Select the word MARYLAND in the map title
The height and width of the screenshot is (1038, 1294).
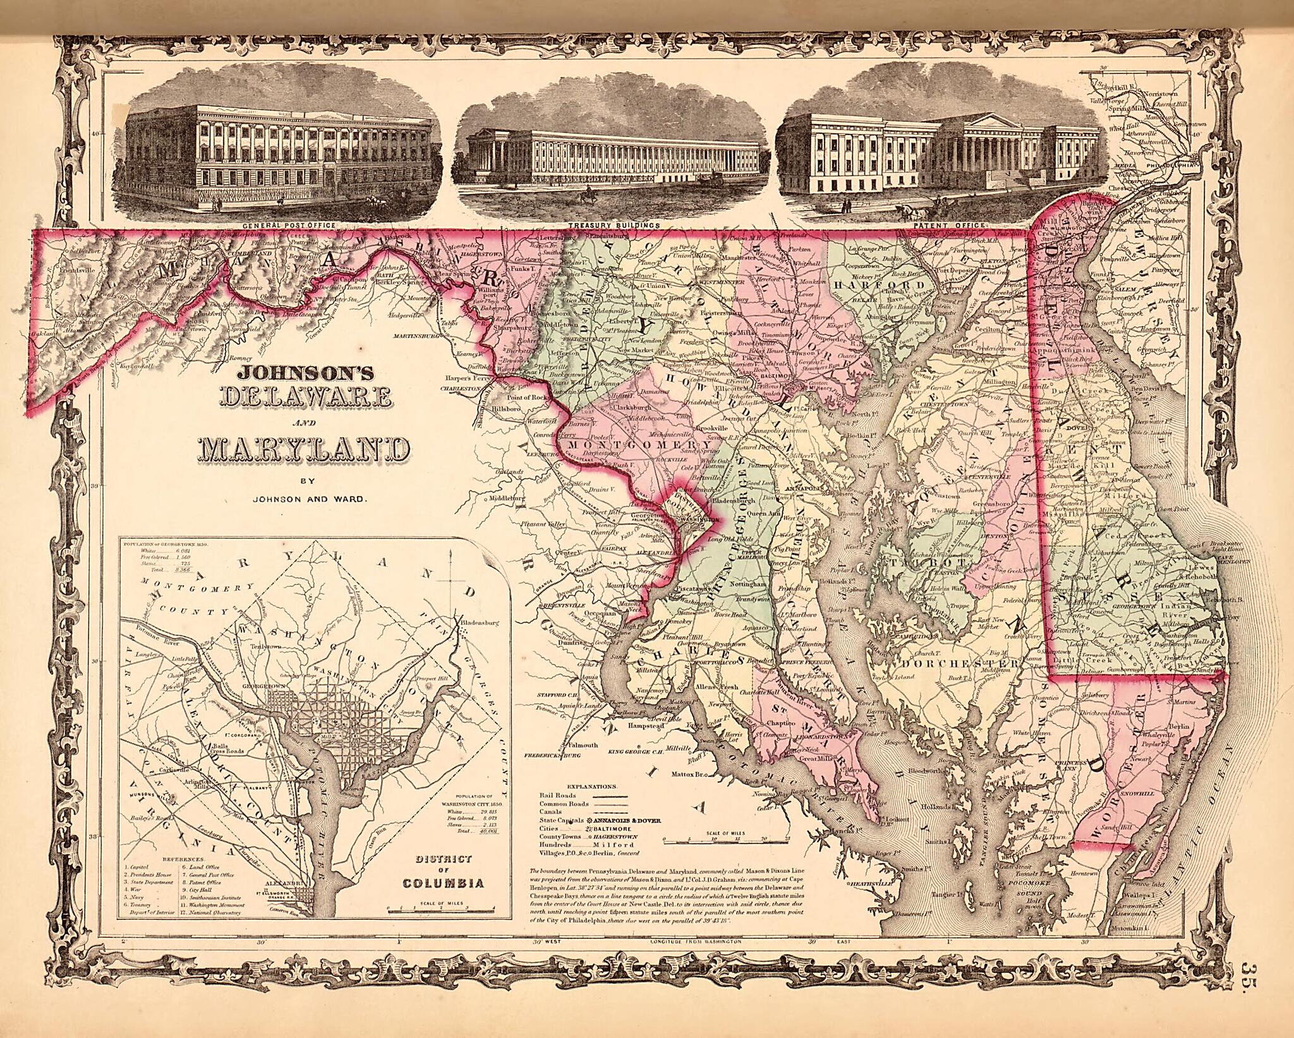click(x=303, y=447)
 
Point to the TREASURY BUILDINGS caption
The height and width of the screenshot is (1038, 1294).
click(x=614, y=224)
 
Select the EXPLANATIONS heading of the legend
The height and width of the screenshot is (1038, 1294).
click(x=591, y=787)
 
